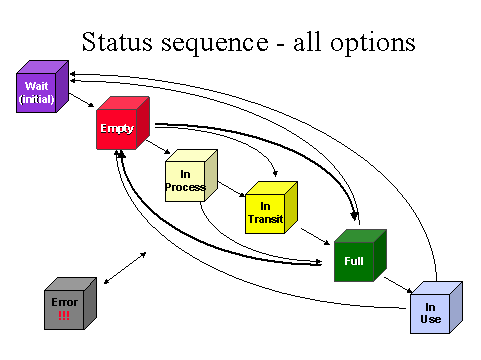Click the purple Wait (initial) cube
42,86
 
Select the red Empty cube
123,123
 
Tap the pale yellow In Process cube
191,175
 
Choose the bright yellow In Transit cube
271,207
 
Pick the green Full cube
360,255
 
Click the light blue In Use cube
436,307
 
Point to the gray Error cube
70,303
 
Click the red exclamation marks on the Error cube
64,315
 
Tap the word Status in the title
117,42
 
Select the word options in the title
373,43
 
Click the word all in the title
307,42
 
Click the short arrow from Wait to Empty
82,100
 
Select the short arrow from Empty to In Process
158,147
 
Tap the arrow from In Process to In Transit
232,189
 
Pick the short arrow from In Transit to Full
315,237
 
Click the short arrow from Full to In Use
398,285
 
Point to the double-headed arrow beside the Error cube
125,268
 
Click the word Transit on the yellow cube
266,219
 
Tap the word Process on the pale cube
185,187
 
